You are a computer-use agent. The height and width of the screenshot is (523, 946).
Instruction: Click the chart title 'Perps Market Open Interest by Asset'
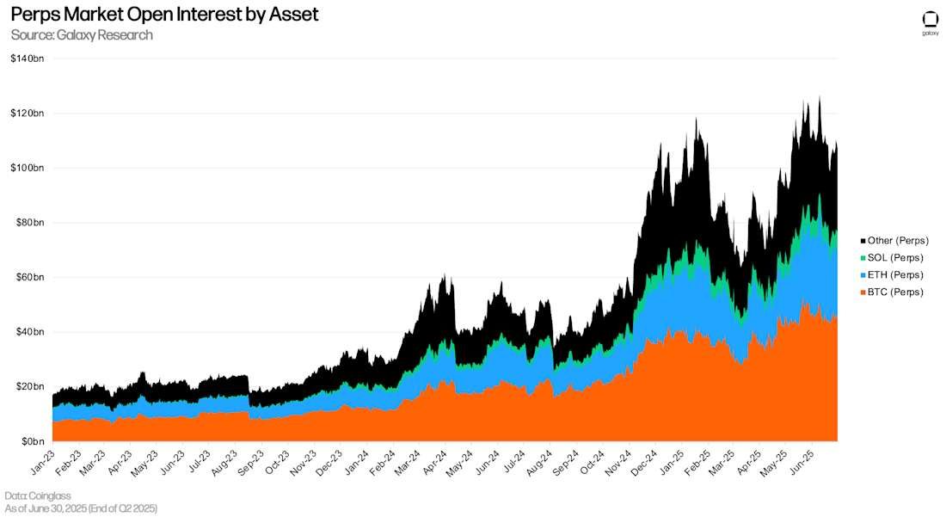(164, 15)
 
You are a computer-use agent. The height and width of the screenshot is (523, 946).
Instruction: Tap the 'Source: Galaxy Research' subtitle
(82, 35)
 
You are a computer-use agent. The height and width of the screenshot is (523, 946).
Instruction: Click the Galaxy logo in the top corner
(930, 22)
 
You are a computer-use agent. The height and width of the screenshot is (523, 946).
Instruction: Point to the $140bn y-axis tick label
(28, 58)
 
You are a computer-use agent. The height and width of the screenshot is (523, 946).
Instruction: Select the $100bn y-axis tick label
(28, 168)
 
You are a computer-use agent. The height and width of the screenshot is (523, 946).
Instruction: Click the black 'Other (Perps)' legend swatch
(863, 241)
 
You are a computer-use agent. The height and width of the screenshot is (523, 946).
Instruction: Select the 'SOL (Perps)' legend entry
(895, 258)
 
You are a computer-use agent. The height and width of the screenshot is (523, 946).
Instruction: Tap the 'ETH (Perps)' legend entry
(895, 275)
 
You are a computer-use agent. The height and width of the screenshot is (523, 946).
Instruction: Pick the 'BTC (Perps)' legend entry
(895, 292)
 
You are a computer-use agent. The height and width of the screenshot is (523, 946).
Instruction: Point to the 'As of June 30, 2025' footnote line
(81, 509)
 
